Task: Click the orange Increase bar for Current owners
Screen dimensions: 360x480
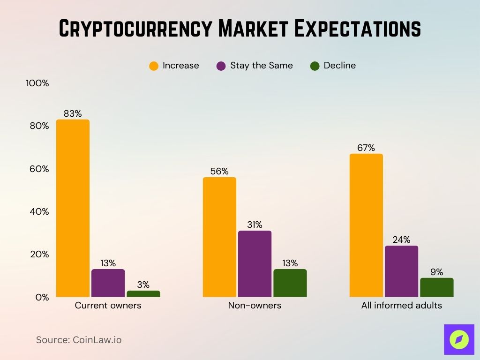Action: [x=73, y=208]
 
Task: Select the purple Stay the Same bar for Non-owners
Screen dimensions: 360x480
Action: [x=255, y=263]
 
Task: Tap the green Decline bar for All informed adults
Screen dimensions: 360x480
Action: [x=436, y=287]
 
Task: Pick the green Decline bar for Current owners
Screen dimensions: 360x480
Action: [x=143, y=293]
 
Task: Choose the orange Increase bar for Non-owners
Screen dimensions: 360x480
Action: [x=219, y=237]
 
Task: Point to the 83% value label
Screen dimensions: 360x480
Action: [x=73, y=113]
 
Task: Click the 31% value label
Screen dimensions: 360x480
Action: [x=255, y=225]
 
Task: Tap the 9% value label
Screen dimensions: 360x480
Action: [x=436, y=272]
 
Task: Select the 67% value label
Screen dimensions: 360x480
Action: [x=366, y=148]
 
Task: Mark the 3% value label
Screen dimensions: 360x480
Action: [x=143, y=285]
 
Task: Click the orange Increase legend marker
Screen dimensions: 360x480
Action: [x=154, y=66]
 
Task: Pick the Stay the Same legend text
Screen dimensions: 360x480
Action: [x=261, y=66]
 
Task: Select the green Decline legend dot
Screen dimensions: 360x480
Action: [x=315, y=66]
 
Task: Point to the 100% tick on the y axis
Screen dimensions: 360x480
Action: [x=37, y=83]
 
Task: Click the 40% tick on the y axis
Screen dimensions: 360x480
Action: [x=37, y=211]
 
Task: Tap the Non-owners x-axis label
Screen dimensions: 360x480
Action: [x=255, y=306]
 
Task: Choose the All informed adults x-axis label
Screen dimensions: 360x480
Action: [x=401, y=306]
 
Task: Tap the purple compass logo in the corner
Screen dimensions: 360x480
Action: [x=459, y=339]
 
